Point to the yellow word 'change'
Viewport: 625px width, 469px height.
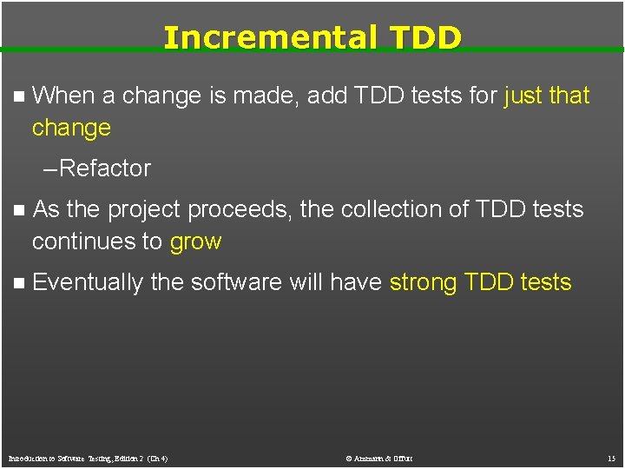point(71,128)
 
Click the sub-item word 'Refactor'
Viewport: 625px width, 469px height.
point(105,168)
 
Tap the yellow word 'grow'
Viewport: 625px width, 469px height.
point(195,242)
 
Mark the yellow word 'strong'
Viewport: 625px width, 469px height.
point(424,283)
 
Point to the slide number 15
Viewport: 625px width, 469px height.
point(611,458)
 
